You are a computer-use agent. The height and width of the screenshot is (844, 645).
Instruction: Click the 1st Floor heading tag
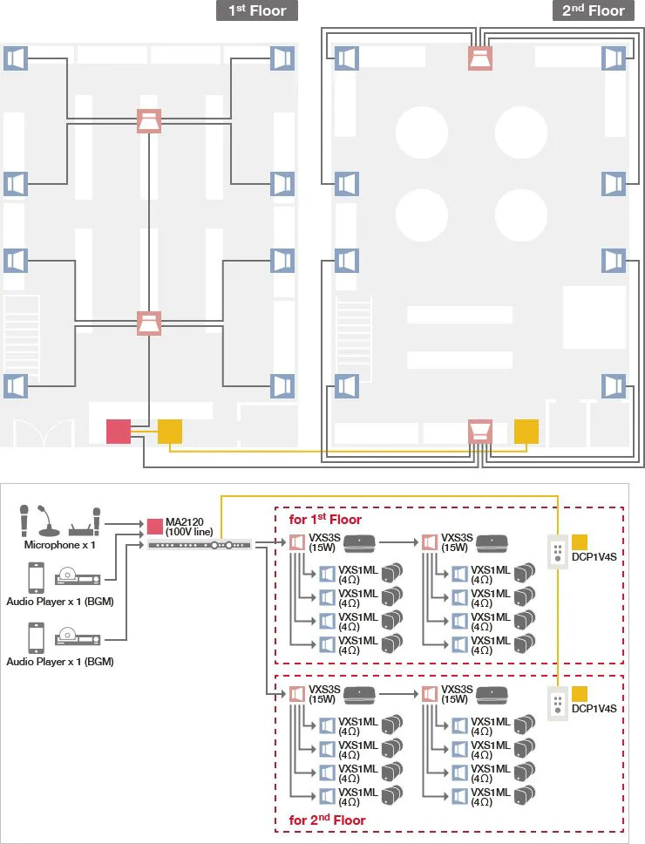pos(257,10)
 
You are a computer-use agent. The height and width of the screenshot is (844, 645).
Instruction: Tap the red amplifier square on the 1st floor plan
pos(118,431)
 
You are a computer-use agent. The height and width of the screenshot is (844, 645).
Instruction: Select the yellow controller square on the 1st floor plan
pos(170,431)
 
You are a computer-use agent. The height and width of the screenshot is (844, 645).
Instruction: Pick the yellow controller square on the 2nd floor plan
pos(526,431)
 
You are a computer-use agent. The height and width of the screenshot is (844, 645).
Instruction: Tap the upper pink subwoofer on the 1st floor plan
pos(149,120)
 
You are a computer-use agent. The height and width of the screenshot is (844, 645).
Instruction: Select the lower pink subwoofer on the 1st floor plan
pos(149,323)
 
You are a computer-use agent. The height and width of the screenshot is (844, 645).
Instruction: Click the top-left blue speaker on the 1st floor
pos(16,58)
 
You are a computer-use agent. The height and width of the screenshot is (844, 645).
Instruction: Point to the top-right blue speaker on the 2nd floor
pos(614,58)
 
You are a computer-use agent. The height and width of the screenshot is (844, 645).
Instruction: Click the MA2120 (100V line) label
pos(189,527)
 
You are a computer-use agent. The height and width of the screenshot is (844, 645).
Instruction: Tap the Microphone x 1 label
pos(59,545)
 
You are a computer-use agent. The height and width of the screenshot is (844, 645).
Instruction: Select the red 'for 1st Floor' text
pos(325,520)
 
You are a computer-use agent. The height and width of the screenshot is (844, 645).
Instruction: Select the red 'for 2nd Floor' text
pos(327,820)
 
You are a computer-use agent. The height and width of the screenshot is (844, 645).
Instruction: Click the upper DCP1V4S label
pos(594,555)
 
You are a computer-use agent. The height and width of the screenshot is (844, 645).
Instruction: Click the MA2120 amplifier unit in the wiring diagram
pos(200,545)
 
